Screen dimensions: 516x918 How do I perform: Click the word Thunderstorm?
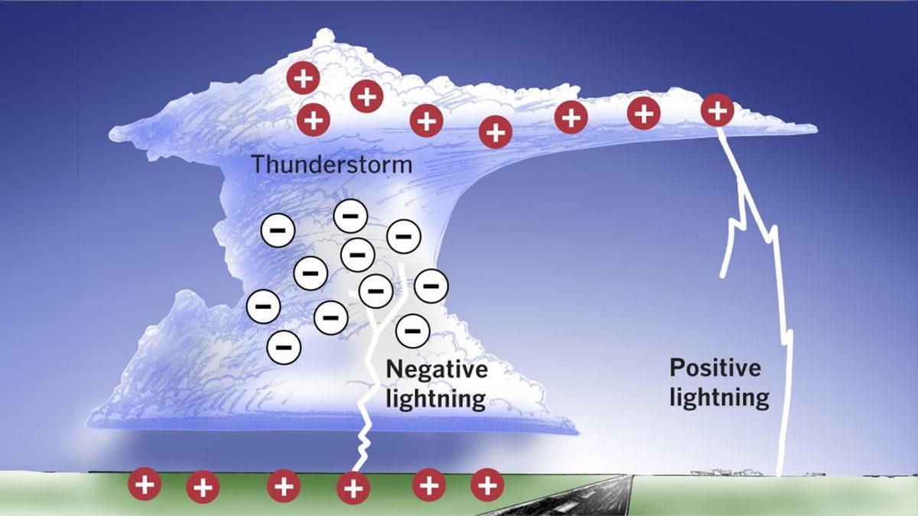(x=332, y=164)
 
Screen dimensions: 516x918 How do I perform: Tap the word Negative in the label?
(x=437, y=370)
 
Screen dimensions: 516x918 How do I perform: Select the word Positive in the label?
(x=715, y=368)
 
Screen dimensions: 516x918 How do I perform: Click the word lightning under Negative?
(x=436, y=398)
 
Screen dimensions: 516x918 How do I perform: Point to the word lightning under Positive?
(x=719, y=397)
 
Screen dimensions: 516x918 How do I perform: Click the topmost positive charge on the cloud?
(x=302, y=78)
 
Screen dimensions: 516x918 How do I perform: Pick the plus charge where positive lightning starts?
(x=717, y=112)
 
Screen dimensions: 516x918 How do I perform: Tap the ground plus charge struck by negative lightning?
(x=353, y=485)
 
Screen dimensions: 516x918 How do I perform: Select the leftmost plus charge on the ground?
(x=144, y=484)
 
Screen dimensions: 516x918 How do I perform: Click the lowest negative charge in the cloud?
(x=282, y=348)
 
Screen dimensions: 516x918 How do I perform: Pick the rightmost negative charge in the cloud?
(x=431, y=286)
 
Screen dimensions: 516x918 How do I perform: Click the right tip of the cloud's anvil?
(x=812, y=125)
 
